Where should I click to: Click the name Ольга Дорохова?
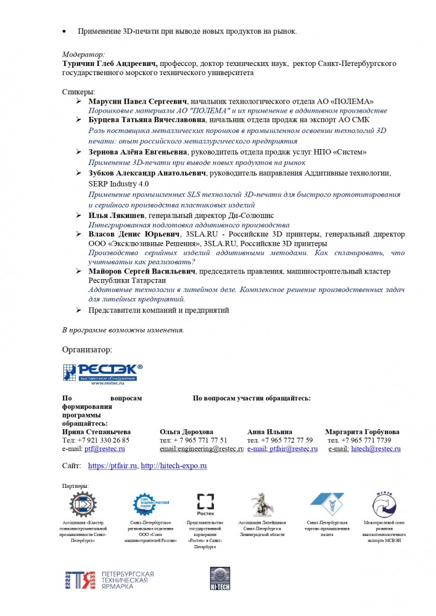tap(186, 432)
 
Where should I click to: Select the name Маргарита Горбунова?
tap(362, 432)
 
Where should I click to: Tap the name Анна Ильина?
tap(269, 432)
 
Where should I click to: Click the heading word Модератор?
tap(83, 54)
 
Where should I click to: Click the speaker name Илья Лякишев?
tap(117, 216)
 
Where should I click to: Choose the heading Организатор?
tap(87, 350)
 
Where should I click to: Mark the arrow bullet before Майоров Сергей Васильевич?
tap(79, 271)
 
